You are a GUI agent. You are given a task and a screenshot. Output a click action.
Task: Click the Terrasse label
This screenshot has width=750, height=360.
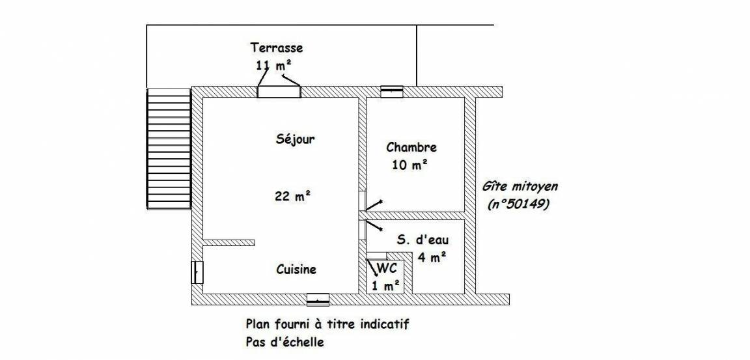point(277,48)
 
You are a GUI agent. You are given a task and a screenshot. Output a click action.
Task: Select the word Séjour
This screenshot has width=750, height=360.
point(296,139)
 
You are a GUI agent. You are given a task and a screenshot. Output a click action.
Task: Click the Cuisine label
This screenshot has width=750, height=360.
point(297,269)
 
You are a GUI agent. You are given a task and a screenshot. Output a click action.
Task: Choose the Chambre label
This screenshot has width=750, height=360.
point(411,147)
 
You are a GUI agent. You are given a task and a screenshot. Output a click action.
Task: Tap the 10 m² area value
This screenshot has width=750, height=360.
point(410,165)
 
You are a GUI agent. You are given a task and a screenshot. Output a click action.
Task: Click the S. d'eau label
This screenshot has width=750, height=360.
point(423,240)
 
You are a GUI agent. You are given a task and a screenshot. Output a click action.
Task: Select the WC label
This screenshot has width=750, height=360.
point(387,268)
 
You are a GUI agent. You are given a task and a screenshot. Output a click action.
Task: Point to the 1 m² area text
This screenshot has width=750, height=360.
point(386,286)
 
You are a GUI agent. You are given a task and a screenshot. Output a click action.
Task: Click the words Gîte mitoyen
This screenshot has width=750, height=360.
point(520,186)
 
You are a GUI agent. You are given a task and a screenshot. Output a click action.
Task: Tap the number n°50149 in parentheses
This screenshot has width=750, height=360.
point(519,204)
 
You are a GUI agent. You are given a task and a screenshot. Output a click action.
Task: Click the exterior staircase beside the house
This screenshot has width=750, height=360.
point(169,148)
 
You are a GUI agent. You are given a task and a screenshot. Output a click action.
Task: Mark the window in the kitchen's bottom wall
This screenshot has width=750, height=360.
point(318,299)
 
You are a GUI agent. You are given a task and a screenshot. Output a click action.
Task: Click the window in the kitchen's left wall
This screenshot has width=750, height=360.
point(197,273)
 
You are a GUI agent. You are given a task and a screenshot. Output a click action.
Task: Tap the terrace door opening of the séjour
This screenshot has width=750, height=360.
point(279,91)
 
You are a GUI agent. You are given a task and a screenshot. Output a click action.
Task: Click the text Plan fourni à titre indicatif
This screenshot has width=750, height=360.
point(327,325)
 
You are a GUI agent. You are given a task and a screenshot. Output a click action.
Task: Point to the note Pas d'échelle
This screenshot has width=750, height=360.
point(285,342)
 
